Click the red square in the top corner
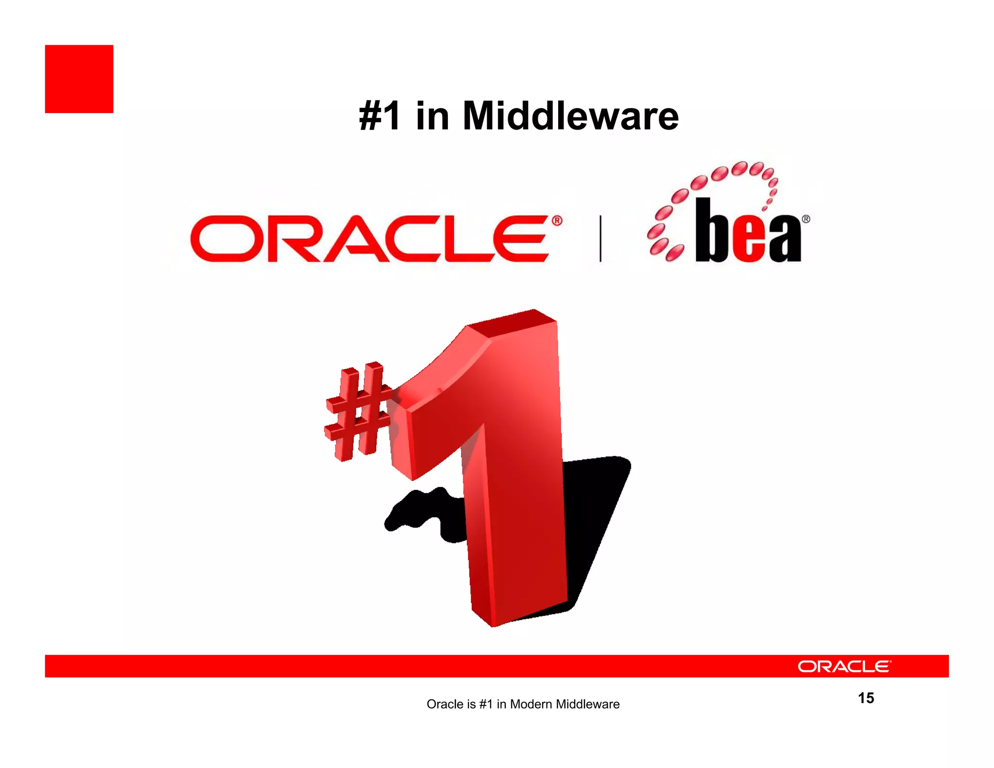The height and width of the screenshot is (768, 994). pos(79,79)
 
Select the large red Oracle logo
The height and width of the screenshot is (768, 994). pos(369,239)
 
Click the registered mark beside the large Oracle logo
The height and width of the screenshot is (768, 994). pos(557,221)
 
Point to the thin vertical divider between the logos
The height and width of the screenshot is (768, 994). pos(600,239)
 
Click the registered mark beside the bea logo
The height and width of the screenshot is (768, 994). pos(806,219)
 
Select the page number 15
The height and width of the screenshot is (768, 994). pos(866,698)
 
